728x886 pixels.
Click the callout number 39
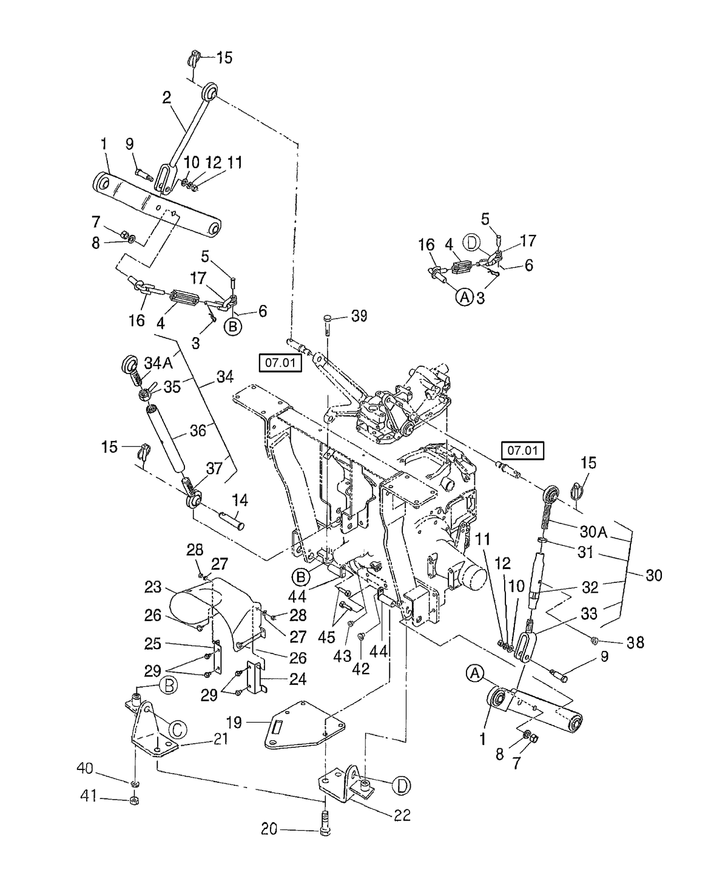click(x=359, y=317)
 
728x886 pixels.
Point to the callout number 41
click(x=90, y=797)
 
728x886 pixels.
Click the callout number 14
click(x=240, y=501)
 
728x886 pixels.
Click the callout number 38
click(x=635, y=642)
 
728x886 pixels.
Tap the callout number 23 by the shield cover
click(x=153, y=587)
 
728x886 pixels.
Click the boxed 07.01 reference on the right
click(x=522, y=451)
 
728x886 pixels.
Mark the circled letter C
click(x=176, y=729)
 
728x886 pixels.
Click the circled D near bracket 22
click(x=401, y=786)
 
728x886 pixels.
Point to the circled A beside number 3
click(x=463, y=298)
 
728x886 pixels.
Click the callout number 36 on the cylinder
click(x=198, y=430)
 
